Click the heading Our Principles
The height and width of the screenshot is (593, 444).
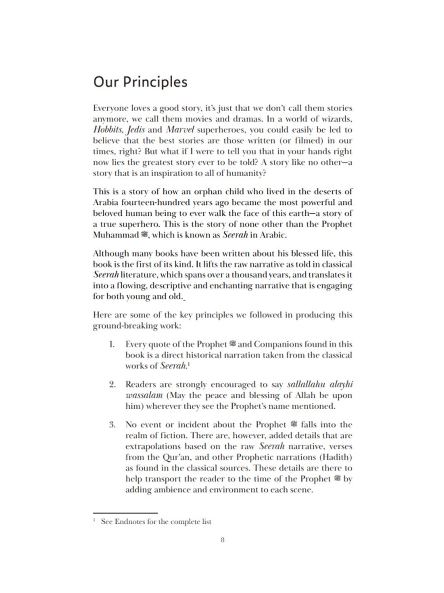(140, 82)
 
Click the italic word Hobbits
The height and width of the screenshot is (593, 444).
(108, 130)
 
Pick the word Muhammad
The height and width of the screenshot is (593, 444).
(116, 235)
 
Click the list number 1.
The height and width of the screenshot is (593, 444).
(112, 344)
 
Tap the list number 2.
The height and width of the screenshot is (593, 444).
(112, 385)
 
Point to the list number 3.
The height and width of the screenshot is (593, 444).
(112, 425)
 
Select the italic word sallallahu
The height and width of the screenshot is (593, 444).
(306, 385)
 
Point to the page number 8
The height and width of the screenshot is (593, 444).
(222, 540)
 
